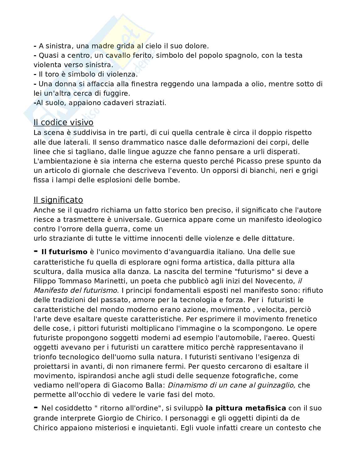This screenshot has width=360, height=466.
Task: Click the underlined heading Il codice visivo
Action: [x=63, y=122]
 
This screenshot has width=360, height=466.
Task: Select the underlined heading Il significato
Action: [x=58, y=200]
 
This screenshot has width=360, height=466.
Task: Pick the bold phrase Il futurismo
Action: [x=64, y=252]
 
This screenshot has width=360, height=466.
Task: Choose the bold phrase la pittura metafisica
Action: [x=246, y=408]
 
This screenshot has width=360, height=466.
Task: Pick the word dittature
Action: [x=278, y=238]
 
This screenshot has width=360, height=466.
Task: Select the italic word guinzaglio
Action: [x=276, y=385]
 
